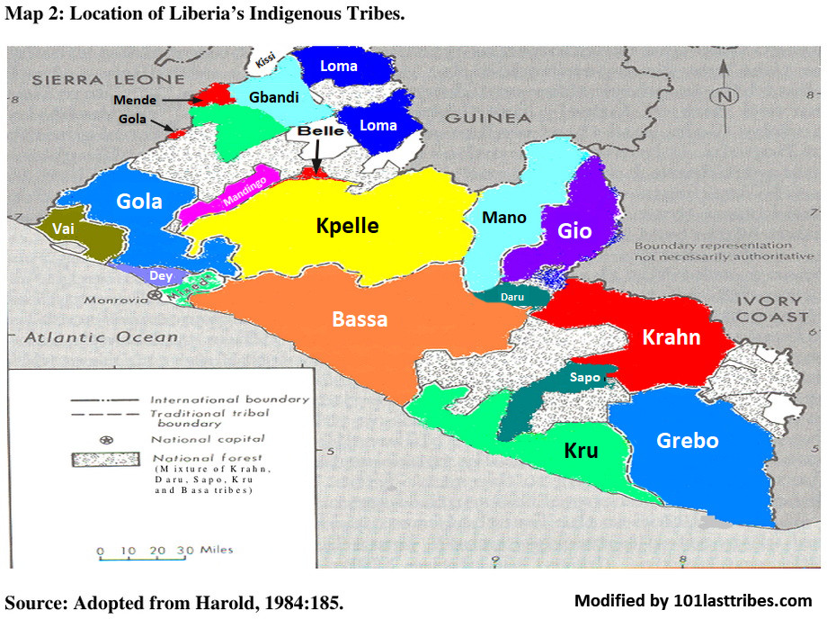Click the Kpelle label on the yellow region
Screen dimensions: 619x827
347,225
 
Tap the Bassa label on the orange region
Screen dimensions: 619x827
360,318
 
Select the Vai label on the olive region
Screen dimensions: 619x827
64,229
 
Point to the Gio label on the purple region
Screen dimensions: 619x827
574,230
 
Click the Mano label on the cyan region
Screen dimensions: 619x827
504,217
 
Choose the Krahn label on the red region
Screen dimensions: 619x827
671,337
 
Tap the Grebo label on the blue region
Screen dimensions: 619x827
688,440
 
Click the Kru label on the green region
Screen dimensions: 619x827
581,450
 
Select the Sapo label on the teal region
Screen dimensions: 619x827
584,378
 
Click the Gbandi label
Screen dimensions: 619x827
274,97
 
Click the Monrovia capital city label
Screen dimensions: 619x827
115,300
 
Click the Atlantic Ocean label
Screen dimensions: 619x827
101,337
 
